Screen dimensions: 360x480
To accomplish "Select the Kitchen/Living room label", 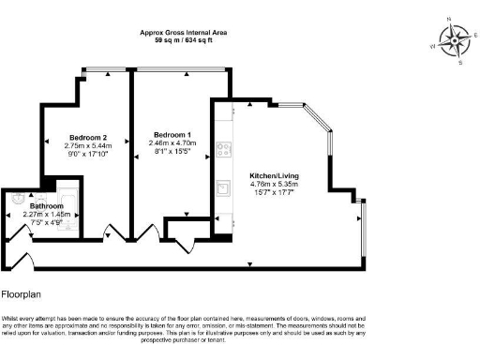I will pos(275,175).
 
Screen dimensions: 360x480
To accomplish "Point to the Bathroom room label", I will pos(46,205).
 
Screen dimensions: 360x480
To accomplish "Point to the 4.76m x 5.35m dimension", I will pos(275,185).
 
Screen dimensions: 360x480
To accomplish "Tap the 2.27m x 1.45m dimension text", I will pos(46,214).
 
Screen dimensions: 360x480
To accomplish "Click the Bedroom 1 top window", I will pos(179,69).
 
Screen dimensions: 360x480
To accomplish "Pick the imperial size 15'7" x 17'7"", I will pos(275,193).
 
